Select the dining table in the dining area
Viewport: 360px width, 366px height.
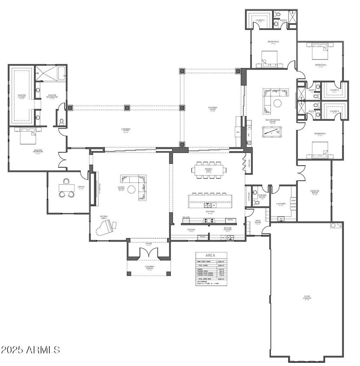click(207, 170)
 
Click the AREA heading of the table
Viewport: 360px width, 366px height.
click(211, 256)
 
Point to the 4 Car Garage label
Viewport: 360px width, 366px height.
click(307, 298)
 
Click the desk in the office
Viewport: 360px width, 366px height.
click(65, 187)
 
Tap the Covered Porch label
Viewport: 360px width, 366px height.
click(149, 268)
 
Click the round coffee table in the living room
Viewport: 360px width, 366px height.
click(131, 189)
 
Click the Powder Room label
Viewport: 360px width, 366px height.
click(262, 196)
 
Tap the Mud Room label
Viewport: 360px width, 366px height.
click(258, 222)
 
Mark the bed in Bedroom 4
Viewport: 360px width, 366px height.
click(320, 150)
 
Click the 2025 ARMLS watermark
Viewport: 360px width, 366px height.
click(30, 349)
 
